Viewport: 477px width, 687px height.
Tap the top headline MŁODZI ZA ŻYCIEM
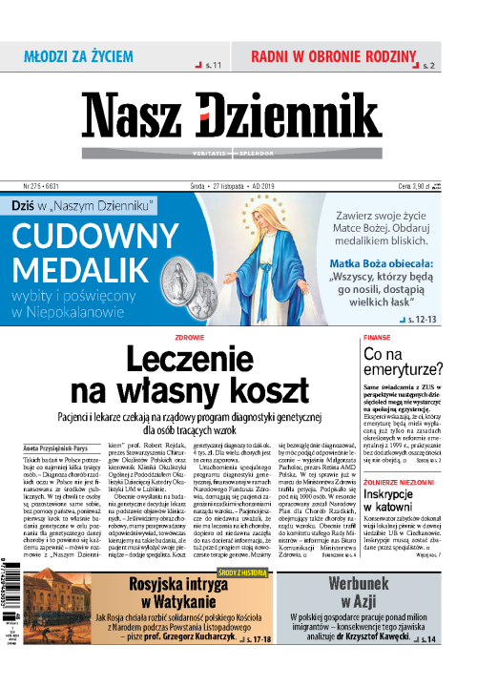click(78, 57)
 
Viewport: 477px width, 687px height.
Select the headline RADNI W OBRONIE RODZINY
click(335, 56)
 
